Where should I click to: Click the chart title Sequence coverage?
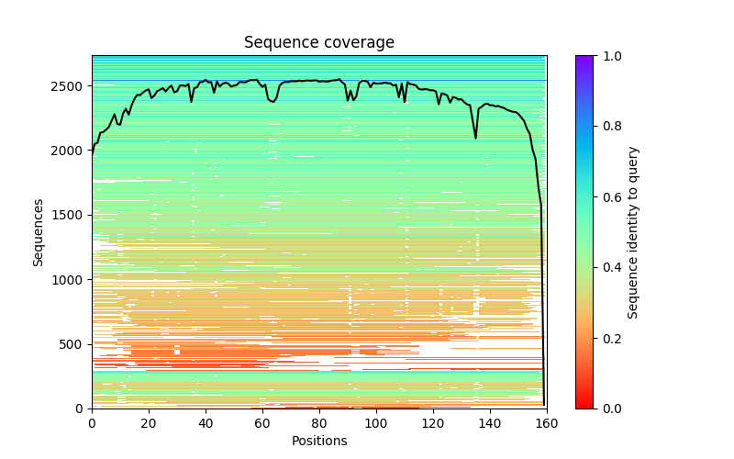(x=319, y=43)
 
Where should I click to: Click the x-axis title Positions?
(x=319, y=441)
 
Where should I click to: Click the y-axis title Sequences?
(x=39, y=231)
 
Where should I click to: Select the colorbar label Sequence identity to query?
(x=633, y=231)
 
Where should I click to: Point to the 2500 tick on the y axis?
(x=72, y=86)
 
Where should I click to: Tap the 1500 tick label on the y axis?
(x=72, y=215)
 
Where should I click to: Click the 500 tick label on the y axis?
(x=75, y=344)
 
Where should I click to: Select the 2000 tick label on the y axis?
(x=72, y=151)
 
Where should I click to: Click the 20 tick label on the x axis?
(x=149, y=423)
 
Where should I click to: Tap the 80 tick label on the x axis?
(x=319, y=423)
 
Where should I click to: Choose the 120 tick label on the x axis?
(x=433, y=423)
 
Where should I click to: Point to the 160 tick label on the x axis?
(x=547, y=423)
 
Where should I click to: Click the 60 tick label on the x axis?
(x=262, y=423)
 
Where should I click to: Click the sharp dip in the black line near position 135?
(x=475, y=138)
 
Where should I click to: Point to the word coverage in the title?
(x=359, y=43)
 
